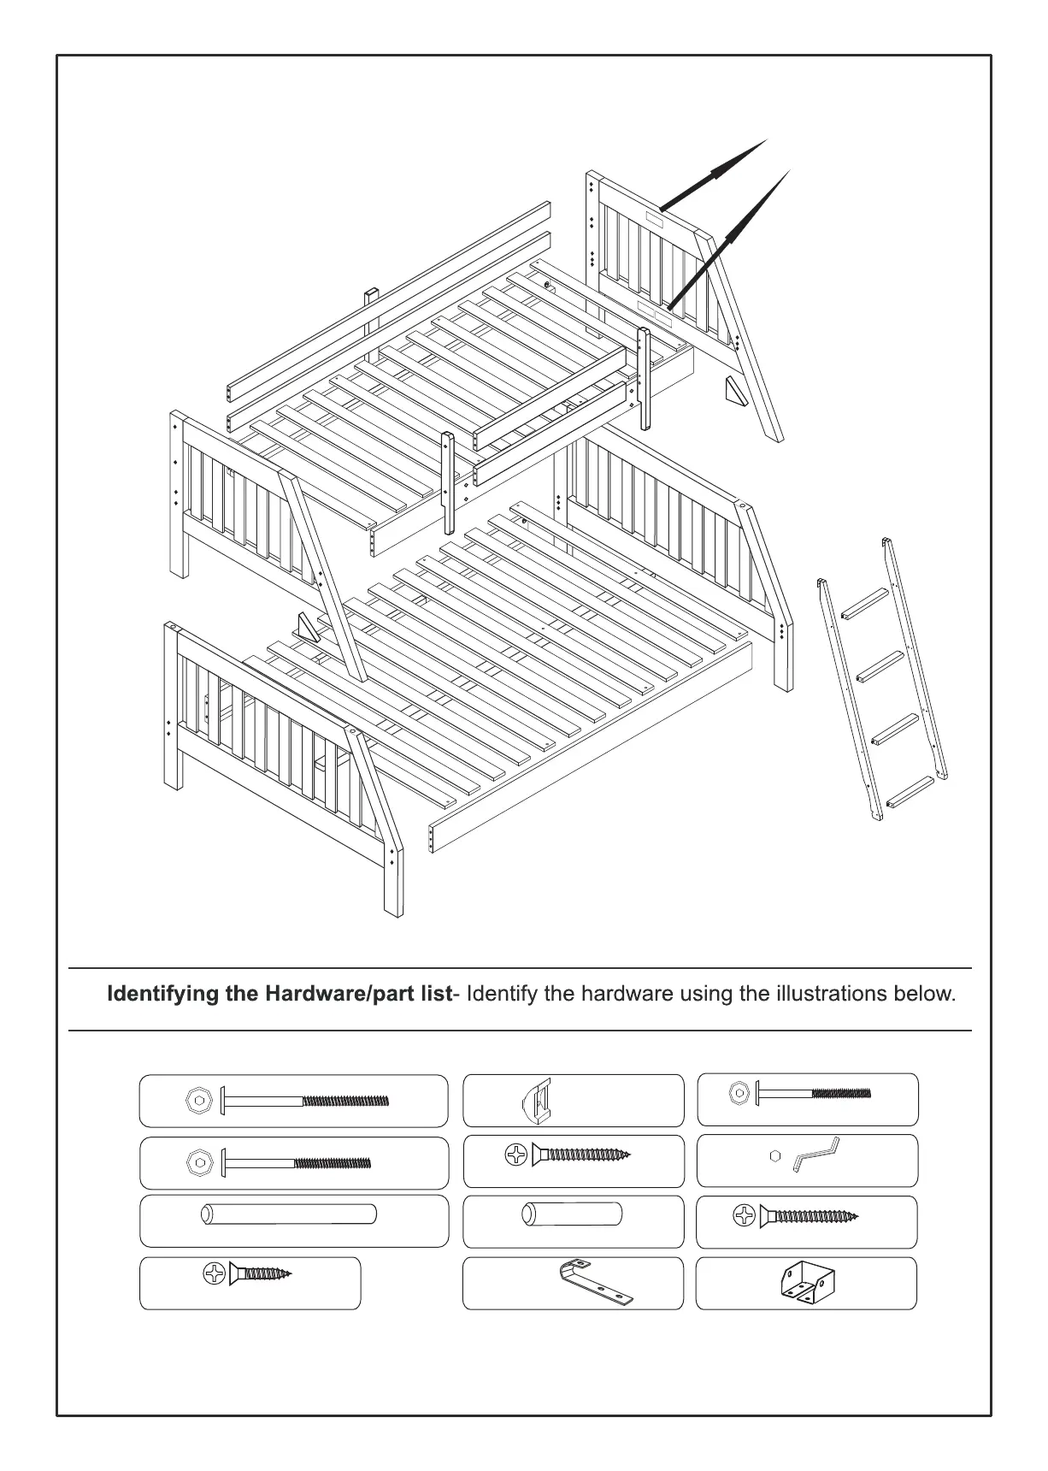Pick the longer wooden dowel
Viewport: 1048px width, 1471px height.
pyautogui.click(x=288, y=1214)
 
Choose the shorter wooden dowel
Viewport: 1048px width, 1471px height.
pyautogui.click(x=571, y=1214)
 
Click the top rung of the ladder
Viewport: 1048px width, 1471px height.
pyautogui.click(x=866, y=602)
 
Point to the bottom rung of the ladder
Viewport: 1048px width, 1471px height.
pyautogui.click(x=910, y=791)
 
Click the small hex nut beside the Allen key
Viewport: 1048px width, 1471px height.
pyautogui.click(x=774, y=1155)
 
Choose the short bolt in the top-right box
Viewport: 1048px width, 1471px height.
pyautogui.click(x=813, y=1093)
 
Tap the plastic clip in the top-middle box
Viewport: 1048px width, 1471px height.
pyautogui.click(x=536, y=1100)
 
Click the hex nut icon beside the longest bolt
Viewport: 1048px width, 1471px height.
pyautogui.click(x=197, y=1101)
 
